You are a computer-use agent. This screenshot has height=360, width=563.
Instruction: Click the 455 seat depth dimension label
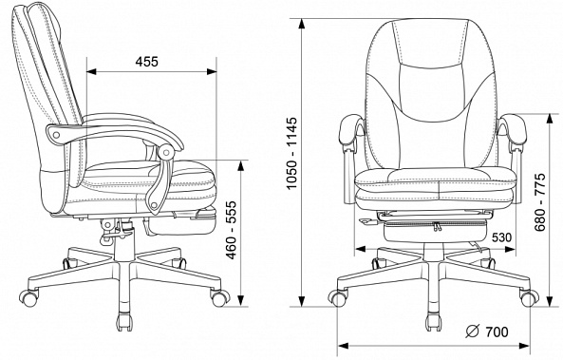pyautogui.click(x=146, y=62)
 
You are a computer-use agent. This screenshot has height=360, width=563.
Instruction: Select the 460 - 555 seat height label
pyautogui.click(x=232, y=230)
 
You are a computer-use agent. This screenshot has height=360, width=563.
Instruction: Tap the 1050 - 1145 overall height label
pyautogui.click(x=292, y=153)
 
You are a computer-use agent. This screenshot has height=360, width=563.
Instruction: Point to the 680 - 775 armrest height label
pyautogui.click(x=539, y=202)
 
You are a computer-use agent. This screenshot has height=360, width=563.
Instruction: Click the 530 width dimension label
pyautogui.click(x=501, y=237)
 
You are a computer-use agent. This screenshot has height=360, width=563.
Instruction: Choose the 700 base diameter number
pyautogui.click(x=497, y=332)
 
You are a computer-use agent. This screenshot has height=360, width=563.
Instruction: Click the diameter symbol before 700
pyautogui.click(x=473, y=332)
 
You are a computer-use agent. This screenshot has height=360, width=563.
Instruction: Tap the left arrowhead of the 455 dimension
pyautogui.click(x=91, y=72)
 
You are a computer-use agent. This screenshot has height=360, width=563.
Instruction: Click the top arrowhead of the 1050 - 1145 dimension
pyautogui.click(x=302, y=24)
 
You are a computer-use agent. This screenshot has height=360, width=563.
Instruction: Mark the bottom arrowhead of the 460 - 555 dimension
pyautogui.click(x=241, y=301)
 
